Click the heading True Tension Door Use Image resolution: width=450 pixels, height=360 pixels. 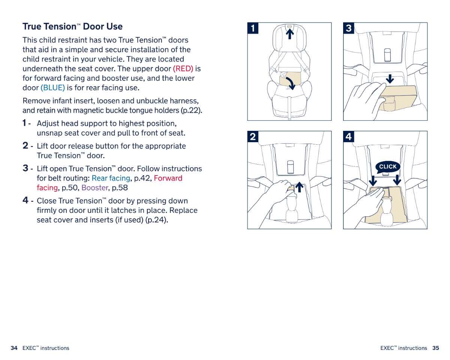tap(72, 27)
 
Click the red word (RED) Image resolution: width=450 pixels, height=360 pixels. tap(183, 69)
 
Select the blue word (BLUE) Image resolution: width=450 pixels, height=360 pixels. tap(52, 88)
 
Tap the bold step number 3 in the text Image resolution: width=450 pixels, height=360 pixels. tap(25, 168)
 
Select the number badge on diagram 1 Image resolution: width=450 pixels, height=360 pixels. tap(253, 28)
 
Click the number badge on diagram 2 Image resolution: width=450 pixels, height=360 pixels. tap(253, 137)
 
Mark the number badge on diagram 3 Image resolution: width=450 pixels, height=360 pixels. tap(349, 28)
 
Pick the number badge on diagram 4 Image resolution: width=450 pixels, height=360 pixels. tap(349, 137)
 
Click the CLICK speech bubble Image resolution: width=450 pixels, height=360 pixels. tap(388, 167)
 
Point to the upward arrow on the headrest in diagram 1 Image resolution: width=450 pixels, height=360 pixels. tap(289, 34)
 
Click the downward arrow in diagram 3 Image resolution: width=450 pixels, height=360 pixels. tap(390, 78)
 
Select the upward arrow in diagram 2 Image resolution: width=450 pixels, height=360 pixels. tap(299, 187)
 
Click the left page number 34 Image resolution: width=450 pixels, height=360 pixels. tap(14, 348)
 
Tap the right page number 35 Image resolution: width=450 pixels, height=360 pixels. tap(435, 348)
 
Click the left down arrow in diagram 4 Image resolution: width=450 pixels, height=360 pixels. tap(373, 180)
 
